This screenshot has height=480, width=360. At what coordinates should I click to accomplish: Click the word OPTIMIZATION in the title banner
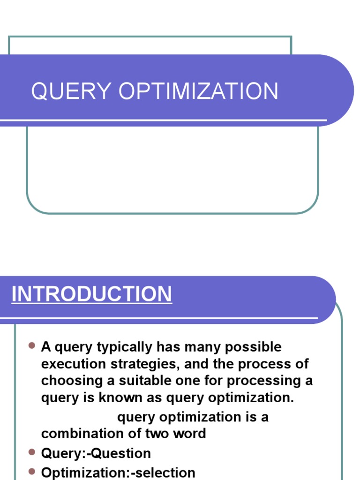click(x=198, y=91)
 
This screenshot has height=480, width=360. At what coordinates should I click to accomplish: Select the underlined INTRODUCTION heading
click(x=92, y=294)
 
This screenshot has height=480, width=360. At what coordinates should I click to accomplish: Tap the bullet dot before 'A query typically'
click(x=32, y=346)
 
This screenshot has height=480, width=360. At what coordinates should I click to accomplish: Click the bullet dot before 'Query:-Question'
click(x=32, y=452)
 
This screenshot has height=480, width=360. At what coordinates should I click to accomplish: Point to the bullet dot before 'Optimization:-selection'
click(x=32, y=471)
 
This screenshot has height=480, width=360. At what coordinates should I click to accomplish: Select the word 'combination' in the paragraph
click(x=82, y=433)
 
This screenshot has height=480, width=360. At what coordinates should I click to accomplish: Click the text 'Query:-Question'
click(x=96, y=454)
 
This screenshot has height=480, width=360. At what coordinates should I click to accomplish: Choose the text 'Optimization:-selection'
click(x=118, y=472)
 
